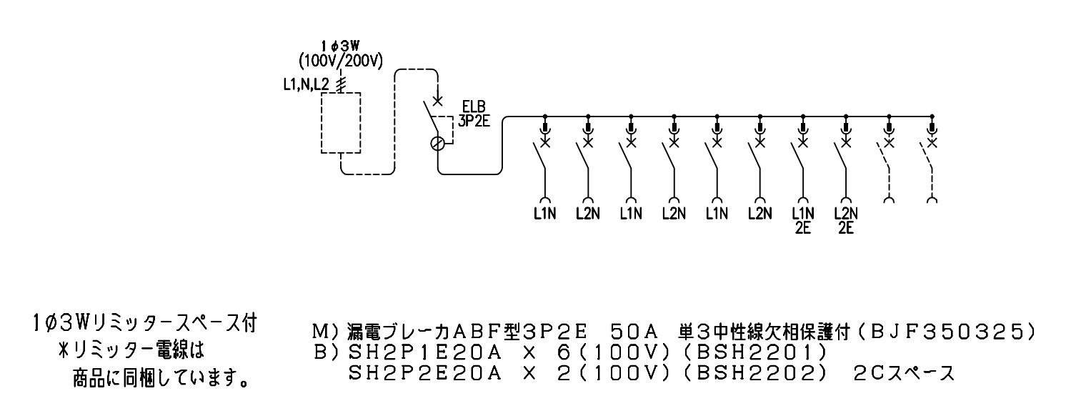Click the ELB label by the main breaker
click(x=473, y=107)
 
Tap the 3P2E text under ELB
click(x=474, y=121)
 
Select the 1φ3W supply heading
click(x=341, y=46)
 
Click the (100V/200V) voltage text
click(x=341, y=61)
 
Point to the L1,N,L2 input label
click(x=306, y=86)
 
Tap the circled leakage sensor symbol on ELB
click(x=437, y=144)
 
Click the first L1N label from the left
click(x=544, y=213)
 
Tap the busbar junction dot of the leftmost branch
click(x=544, y=117)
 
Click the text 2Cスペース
click(x=904, y=374)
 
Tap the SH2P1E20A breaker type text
click(x=424, y=353)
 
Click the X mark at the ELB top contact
click(x=437, y=101)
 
